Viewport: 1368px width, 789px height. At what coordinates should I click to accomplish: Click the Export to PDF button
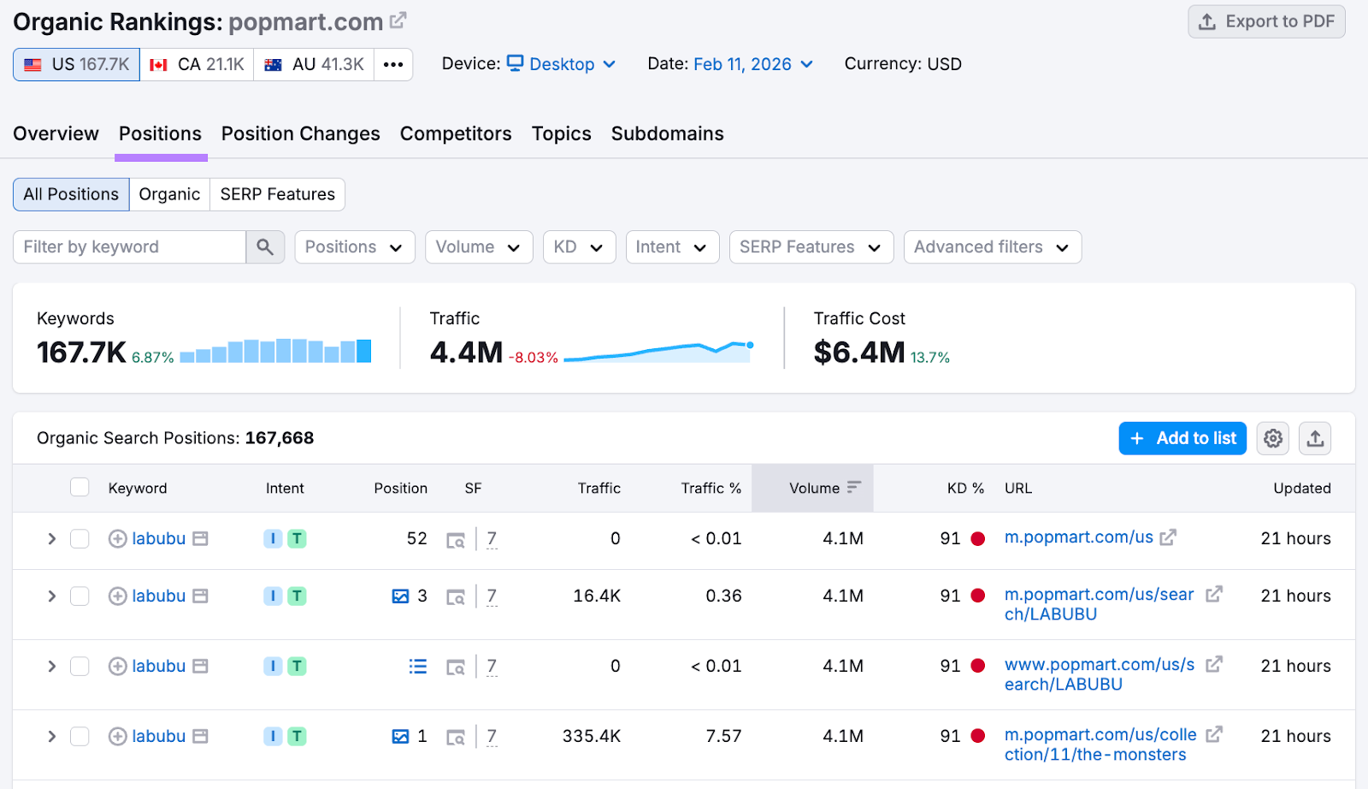1266,21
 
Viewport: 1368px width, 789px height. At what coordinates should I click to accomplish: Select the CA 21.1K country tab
197,64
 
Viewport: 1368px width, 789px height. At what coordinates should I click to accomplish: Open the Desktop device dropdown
562,64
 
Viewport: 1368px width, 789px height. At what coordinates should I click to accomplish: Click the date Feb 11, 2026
742,64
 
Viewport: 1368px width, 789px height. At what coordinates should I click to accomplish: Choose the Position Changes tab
300,133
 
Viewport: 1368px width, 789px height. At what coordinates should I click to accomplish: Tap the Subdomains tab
667,133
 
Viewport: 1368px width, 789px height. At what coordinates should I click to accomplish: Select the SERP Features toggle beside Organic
277,194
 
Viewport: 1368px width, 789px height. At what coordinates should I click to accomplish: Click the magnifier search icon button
265,247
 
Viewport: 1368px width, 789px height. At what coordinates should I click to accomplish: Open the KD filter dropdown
579,247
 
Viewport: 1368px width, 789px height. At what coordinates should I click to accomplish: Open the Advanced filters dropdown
992,247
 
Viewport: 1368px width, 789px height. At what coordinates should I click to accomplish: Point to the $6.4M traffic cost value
858,352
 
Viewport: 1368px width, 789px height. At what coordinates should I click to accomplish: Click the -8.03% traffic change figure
534,358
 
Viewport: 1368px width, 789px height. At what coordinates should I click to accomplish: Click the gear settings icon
1272,438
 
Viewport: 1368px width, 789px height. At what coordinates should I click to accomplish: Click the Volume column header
814,488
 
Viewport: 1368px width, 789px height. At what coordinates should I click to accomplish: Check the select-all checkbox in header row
80,488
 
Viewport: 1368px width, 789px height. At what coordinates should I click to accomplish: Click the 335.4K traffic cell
591,736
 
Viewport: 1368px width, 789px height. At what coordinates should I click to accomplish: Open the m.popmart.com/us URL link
1078,537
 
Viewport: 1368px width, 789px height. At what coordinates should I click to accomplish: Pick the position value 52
416,538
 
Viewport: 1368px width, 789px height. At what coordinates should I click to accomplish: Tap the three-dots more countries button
393,64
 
